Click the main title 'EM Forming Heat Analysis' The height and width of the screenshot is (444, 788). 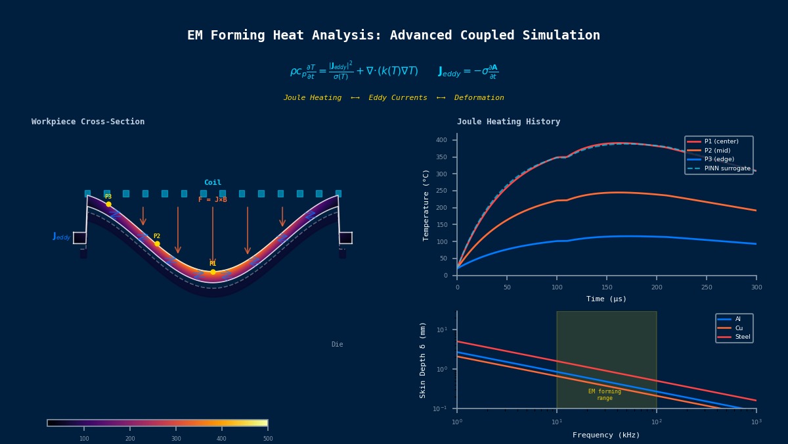393,36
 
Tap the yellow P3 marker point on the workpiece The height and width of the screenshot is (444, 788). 108,204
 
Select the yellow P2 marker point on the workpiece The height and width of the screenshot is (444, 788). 157,243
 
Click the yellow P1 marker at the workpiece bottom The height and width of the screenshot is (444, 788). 213,272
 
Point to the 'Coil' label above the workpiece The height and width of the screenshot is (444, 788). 213,183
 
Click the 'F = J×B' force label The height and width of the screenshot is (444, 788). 213,199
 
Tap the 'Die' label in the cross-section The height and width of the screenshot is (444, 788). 337,345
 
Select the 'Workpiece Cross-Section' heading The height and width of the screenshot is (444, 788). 88,122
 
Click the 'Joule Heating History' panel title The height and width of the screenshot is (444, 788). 508,122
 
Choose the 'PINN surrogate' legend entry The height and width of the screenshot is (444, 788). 727,168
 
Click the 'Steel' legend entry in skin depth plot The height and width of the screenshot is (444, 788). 742,337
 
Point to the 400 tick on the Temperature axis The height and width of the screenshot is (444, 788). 441,140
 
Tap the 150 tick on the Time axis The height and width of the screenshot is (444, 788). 607,287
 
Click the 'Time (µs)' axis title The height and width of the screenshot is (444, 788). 606,299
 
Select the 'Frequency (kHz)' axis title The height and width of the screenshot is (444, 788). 606,435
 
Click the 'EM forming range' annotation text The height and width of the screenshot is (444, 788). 605,395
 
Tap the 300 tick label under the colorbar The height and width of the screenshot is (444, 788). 176,439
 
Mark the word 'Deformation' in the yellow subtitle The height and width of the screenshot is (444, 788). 479,98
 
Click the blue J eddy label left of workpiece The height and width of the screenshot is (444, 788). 62,236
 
